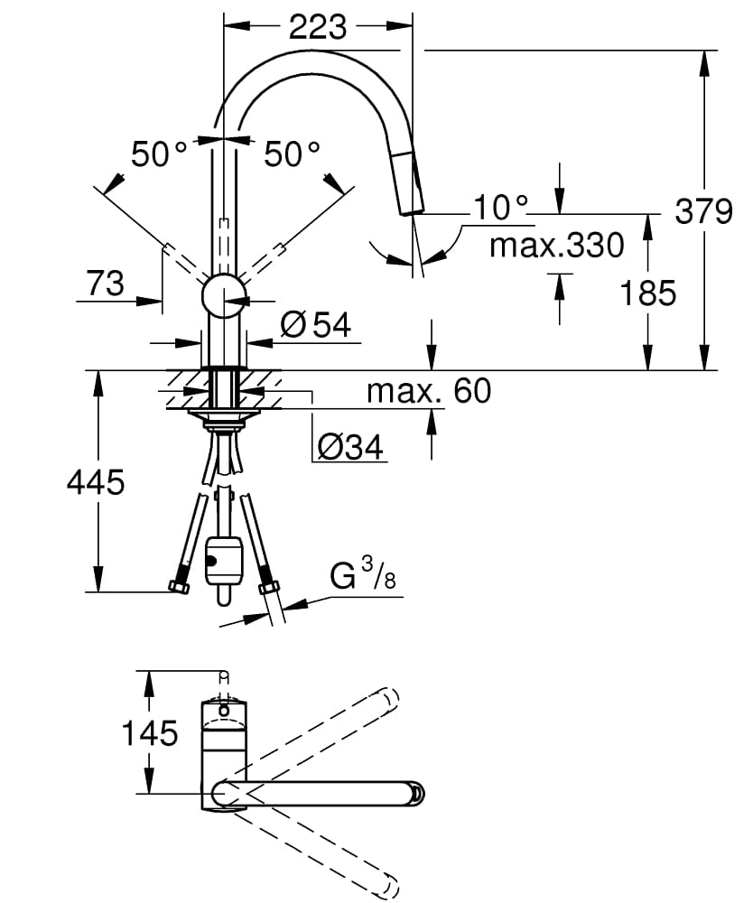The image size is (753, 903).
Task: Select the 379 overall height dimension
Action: [703, 212]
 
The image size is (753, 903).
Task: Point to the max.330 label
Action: [556, 245]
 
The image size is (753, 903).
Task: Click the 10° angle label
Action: [499, 208]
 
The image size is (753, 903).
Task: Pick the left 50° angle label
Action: [159, 154]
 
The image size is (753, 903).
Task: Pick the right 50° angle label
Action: [292, 154]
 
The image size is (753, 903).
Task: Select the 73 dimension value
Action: [106, 284]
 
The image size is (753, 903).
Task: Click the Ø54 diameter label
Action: [315, 324]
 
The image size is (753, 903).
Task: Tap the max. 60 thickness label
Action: [429, 391]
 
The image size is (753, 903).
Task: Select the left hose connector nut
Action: [179, 588]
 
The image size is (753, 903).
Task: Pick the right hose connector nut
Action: [267, 588]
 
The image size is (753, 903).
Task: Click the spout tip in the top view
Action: [416, 794]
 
